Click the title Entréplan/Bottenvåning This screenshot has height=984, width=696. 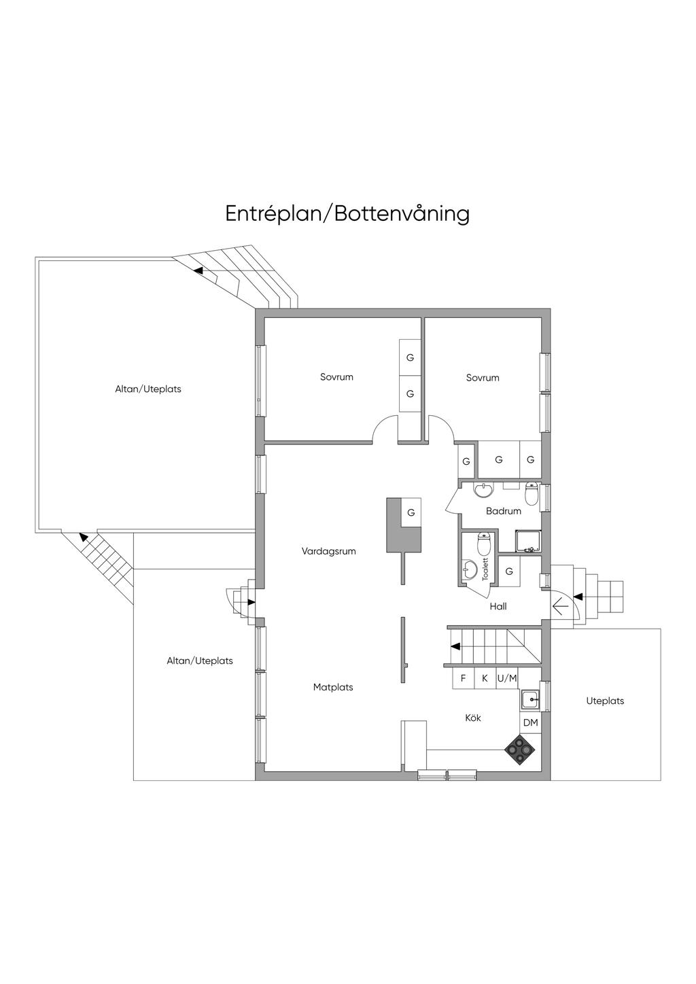pyautogui.click(x=347, y=214)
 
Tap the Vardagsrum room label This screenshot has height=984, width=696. pyautogui.click(x=329, y=551)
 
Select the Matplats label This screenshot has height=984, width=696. pyautogui.click(x=333, y=686)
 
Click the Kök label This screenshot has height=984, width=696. pyautogui.click(x=473, y=718)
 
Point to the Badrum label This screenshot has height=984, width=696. pyautogui.click(x=504, y=511)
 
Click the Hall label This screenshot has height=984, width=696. pyautogui.click(x=498, y=606)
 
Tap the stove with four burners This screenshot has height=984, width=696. pyautogui.click(x=520, y=750)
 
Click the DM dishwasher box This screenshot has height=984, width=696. pyautogui.click(x=530, y=722)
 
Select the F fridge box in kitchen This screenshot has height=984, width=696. pyautogui.click(x=463, y=678)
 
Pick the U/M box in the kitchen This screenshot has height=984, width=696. pyautogui.click(x=507, y=678)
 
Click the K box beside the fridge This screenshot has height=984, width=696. pyautogui.click(x=485, y=678)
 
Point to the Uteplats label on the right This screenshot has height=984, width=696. pyautogui.click(x=605, y=701)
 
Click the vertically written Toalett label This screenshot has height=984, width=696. pyautogui.click(x=485, y=569)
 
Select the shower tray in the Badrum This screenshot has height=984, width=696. pyautogui.click(x=527, y=541)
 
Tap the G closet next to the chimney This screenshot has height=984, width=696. pyautogui.click(x=411, y=512)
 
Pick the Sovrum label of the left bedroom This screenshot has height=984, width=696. pyautogui.click(x=336, y=376)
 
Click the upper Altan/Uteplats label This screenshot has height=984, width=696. pyautogui.click(x=148, y=389)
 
